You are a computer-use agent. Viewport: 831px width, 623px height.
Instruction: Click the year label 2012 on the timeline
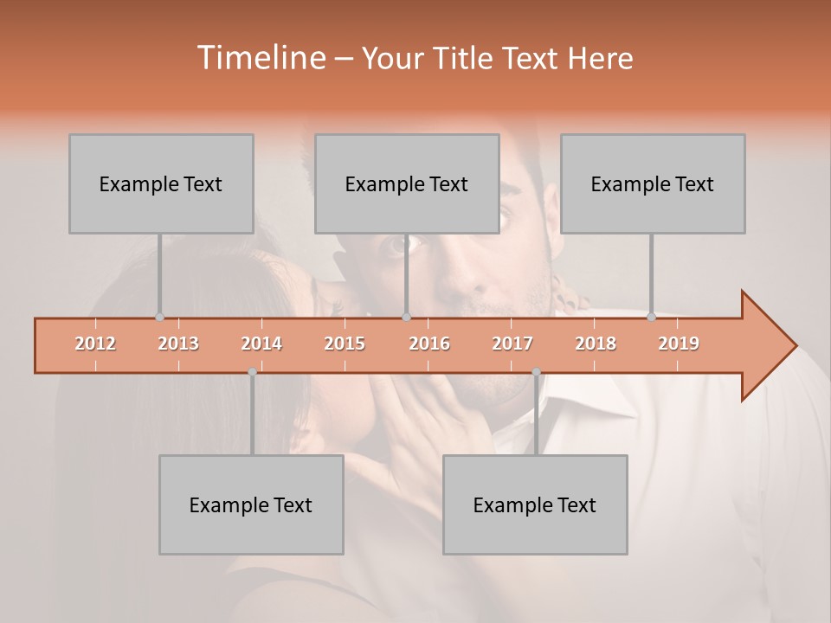pos(95,344)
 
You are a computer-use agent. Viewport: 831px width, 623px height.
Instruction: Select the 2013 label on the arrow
pos(178,344)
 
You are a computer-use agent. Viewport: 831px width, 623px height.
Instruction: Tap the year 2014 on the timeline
pos(261,344)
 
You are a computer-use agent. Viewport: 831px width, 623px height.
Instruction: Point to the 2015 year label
pos(345,344)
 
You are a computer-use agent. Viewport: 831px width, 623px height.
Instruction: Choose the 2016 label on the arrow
pos(429,344)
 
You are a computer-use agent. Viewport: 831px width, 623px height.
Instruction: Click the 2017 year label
pos(512,344)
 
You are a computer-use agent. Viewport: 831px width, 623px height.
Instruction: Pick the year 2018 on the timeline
pos(596,344)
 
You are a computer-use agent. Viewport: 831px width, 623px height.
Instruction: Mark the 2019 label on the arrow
pos(679,344)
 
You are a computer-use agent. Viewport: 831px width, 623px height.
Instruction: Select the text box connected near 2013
pos(161,183)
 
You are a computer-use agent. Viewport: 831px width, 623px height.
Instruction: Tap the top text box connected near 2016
pos(407,183)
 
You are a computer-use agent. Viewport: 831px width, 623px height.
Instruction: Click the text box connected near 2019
pos(653,183)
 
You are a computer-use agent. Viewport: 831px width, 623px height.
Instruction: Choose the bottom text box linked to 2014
pos(251,504)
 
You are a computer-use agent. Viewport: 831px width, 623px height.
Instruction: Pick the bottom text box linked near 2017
pos(535,504)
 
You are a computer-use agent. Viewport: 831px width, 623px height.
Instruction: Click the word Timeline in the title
pos(260,58)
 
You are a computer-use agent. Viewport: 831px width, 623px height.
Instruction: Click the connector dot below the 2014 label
pos(252,371)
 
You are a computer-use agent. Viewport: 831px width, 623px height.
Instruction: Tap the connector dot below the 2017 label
pos(536,371)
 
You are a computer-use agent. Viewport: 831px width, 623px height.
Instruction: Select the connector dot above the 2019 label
pos(651,317)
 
